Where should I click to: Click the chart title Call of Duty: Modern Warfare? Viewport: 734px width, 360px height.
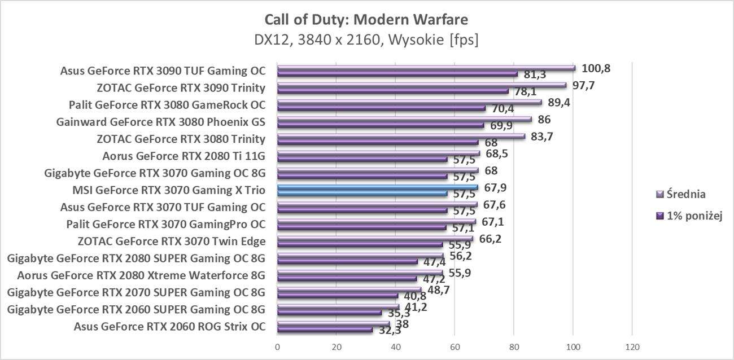pos(366,20)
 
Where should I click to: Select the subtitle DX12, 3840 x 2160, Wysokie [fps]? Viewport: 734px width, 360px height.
pos(366,40)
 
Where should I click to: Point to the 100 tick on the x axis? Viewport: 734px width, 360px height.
pos(573,346)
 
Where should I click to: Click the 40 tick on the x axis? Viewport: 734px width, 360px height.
pos(396,346)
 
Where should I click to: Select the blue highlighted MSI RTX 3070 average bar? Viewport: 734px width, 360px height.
pos(378,187)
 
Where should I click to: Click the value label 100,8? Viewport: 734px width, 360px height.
pos(596,69)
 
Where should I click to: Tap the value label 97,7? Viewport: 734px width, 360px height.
pos(584,86)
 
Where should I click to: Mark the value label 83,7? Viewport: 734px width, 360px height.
pos(543,137)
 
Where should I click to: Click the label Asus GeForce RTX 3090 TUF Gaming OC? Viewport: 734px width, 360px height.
pos(163,71)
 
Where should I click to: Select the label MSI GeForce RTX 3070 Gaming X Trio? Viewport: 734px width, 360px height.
pos(169,190)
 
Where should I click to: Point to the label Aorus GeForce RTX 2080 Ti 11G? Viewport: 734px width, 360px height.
pos(184,156)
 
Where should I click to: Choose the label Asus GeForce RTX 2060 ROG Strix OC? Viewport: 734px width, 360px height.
pos(169,326)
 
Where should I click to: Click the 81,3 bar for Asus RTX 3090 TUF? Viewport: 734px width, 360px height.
pos(397,74)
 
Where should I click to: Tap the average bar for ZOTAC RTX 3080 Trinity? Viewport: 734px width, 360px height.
pos(401,136)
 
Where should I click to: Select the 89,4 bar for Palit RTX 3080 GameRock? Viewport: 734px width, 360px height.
pos(409,102)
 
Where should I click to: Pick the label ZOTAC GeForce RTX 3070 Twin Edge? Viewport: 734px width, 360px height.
pos(172,242)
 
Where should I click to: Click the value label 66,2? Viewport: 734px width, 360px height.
pos(490,239)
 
